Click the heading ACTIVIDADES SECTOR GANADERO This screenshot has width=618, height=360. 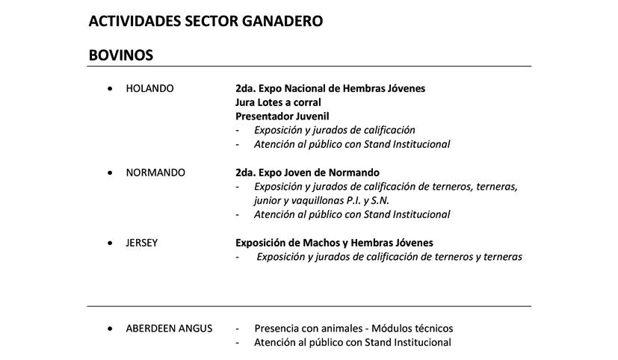point(206,21)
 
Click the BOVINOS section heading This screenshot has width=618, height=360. point(120,55)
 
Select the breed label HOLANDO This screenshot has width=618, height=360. point(149,88)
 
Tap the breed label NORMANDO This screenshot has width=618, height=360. point(155,173)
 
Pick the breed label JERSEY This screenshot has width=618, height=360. point(142,243)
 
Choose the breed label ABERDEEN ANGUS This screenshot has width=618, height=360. point(169,328)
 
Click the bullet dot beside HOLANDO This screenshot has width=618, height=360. point(111,88)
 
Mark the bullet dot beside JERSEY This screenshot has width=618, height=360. point(111,243)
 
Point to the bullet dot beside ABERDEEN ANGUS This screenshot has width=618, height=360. point(111,328)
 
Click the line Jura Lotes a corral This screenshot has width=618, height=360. point(278,102)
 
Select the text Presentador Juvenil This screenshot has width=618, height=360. point(282,117)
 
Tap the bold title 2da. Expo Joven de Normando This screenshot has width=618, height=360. point(307,173)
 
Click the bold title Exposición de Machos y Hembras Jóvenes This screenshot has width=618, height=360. point(334,243)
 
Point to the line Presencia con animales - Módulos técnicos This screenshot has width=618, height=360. point(353,328)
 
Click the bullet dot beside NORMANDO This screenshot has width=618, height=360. point(111,173)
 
